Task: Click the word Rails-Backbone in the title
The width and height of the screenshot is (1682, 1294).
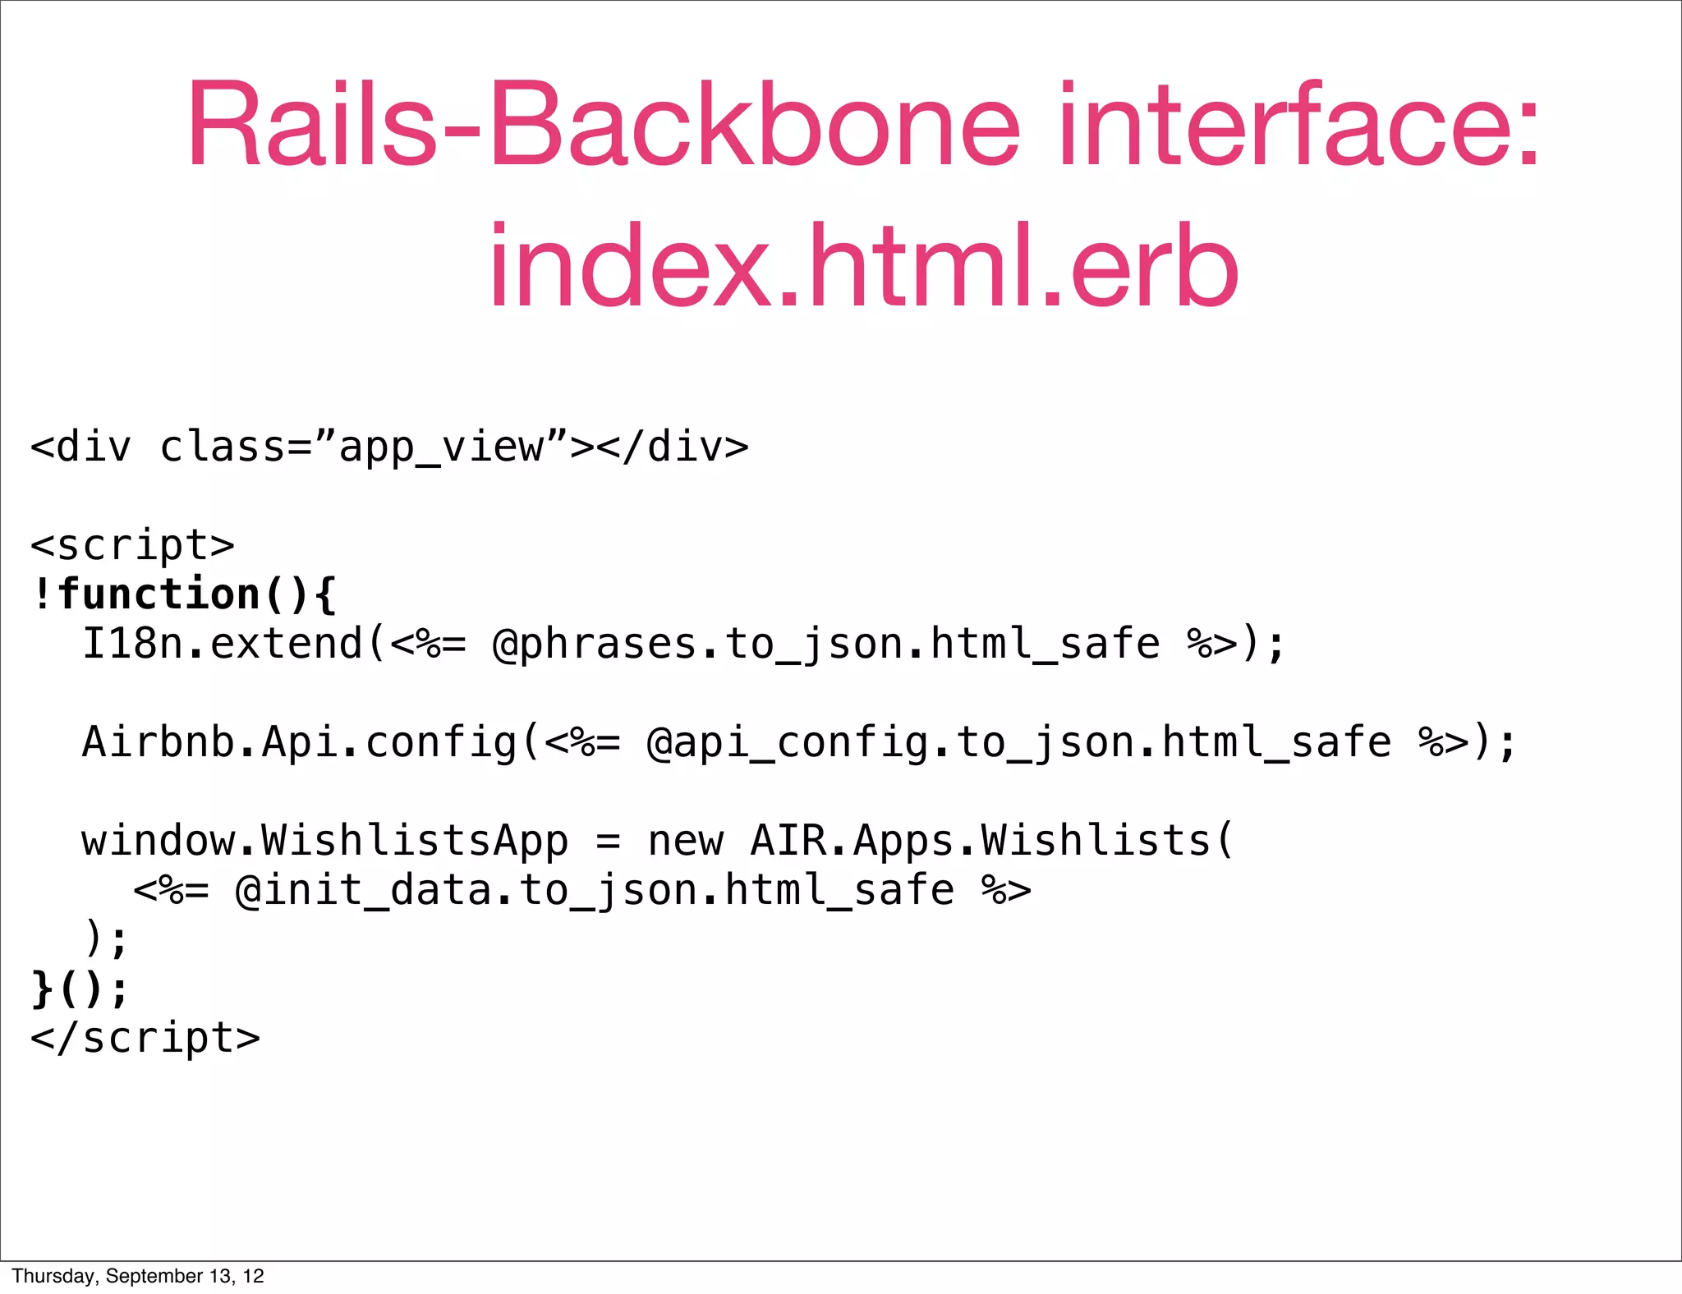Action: tap(604, 125)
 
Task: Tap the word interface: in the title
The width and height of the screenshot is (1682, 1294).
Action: tap(1300, 125)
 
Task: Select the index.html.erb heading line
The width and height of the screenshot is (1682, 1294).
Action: tap(863, 266)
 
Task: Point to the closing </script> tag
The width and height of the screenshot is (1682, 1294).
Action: tap(145, 1038)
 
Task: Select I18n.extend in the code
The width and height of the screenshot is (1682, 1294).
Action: tap(223, 644)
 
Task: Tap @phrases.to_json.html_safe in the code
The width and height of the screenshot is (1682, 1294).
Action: tap(825, 644)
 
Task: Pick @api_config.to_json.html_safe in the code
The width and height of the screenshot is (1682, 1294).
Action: tap(1018, 742)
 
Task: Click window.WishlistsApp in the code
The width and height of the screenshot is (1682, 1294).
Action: tap(324, 841)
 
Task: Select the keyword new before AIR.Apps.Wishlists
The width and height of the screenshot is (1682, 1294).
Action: tap(686, 841)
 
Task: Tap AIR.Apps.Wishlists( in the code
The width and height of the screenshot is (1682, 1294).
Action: tap(992, 841)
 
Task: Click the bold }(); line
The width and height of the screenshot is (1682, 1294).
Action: tap(80, 989)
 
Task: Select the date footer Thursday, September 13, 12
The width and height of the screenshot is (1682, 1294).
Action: tap(138, 1276)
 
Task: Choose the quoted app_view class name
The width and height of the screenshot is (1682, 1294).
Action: tap(441, 447)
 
